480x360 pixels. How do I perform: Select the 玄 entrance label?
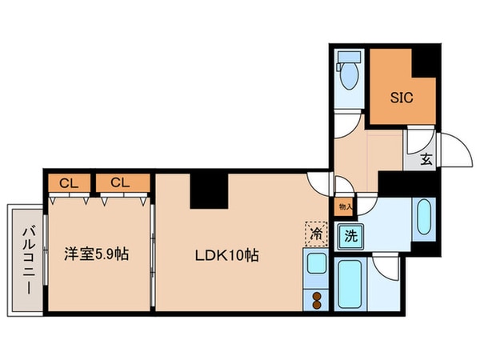426,158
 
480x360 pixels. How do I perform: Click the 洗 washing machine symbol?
350,236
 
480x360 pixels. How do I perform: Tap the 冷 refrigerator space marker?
315,234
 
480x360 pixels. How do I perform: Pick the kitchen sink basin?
315,262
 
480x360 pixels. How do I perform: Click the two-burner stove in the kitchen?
315,300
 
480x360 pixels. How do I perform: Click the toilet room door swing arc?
346,125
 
